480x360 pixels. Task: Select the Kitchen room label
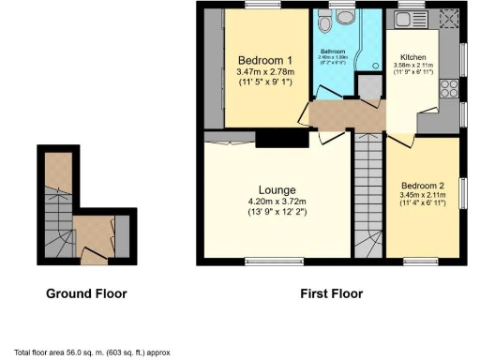[x=413, y=55]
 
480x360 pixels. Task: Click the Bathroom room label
[x=334, y=51]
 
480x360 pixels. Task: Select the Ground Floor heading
[x=86, y=293]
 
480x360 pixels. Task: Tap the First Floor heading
[x=331, y=293]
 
